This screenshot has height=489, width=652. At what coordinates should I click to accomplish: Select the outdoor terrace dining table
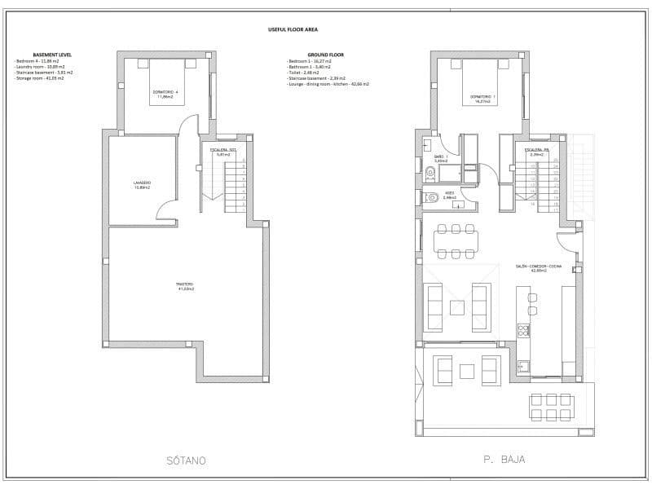tap(552, 407)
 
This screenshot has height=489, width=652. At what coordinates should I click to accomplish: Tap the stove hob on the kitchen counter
tap(523, 330)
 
